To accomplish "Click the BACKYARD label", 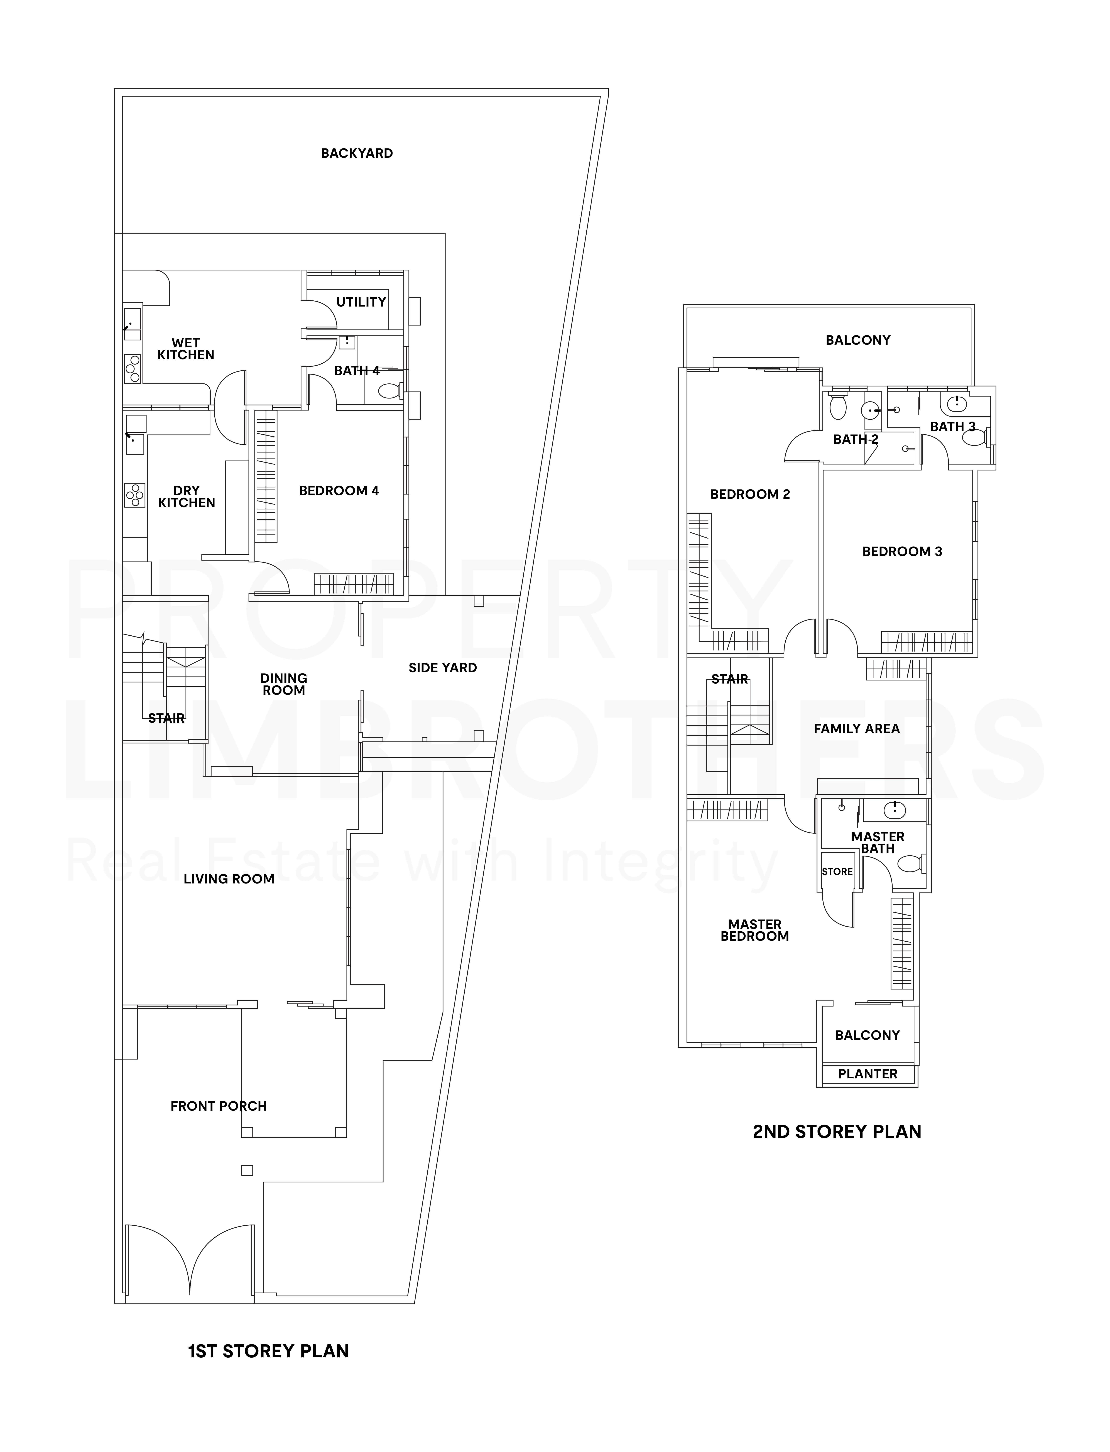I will tap(357, 153).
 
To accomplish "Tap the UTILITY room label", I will tap(361, 302).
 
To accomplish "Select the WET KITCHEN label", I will tap(186, 349).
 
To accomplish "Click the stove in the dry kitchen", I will tap(135, 495).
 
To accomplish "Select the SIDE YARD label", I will tap(443, 668).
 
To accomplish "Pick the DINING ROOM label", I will tap(283, 684).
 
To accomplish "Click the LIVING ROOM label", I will tap(229, 879).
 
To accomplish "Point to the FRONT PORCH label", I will tap(218, 1106).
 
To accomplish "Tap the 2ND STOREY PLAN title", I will tap(836, 1132).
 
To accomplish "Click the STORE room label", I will tap(837, 871).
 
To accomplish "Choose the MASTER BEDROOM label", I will tap(754, 930).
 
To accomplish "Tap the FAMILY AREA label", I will tap(856, 729).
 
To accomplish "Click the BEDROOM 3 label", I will tap(902, 552).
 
